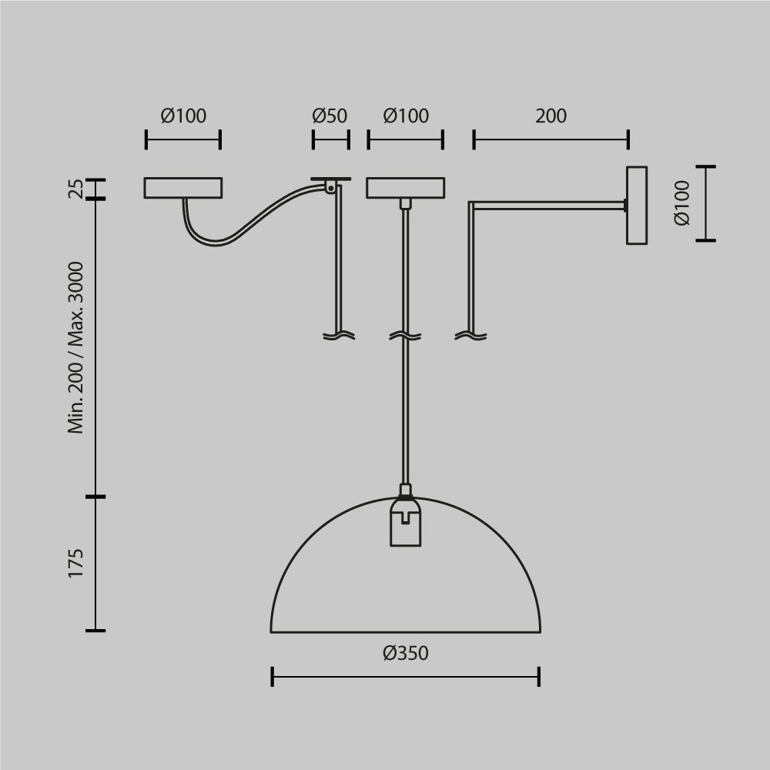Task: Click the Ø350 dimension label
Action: click(x=405, y=654)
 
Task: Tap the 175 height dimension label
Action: click(x=75, y=564)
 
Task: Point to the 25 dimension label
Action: click(x=75, y=189)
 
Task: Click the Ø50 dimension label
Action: click(x=330, y=116)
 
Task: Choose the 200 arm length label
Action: click(x=551, y=116)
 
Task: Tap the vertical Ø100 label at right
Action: click(x=681, y=204)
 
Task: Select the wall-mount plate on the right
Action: click(x=636, y=206)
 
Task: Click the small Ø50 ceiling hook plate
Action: click(x=330, y=180)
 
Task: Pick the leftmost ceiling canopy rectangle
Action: click(x=183, y=188)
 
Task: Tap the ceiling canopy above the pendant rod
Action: click(x=405, y=188)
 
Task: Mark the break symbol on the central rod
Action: click(x=405, y=336)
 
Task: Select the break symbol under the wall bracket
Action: click(x=471, y=336)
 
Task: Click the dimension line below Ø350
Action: click(x=405, y=678)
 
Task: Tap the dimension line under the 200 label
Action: click(x=551, y=140)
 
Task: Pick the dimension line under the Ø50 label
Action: click(x=330, y=140)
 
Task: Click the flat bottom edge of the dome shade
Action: click(x=405, y=632)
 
